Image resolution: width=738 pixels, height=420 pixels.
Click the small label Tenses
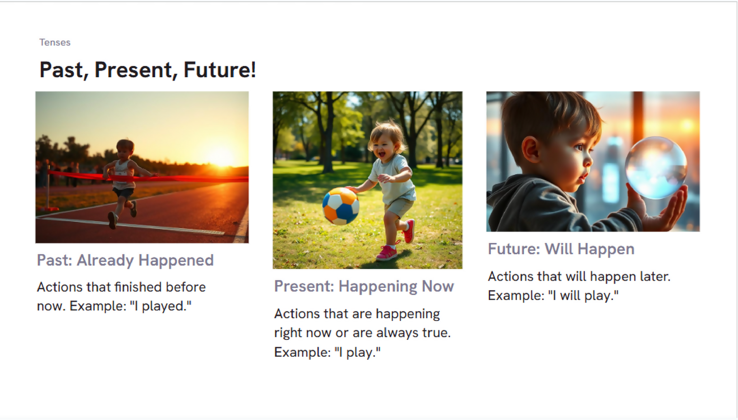tap(55, 42)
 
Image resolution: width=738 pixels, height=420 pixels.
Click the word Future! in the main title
tap(220, 70)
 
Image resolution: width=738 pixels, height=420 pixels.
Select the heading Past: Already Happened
tap(125, 261)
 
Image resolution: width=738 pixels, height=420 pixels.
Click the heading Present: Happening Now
tap(364, 286)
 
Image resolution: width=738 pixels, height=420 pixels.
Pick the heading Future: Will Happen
tap(561, 249)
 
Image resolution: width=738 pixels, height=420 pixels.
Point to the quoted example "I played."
tap(161, 306)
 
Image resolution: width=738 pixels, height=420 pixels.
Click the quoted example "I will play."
tap(583, 295)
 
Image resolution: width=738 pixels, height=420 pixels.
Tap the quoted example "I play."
tap(358, 352)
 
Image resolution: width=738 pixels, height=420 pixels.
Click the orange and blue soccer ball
tap(341, 206)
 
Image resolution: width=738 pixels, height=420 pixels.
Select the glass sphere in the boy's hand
tap(656, 168)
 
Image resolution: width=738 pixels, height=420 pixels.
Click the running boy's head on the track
tap(125, 149)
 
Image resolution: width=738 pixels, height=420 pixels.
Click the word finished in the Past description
tap(138, 287)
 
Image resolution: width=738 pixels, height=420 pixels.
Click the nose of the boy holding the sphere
tap(589, 160)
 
